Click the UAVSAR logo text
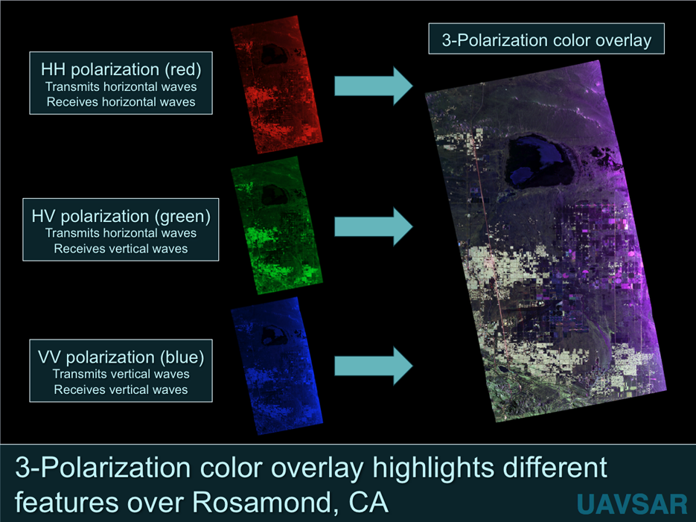632,503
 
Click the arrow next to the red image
373,86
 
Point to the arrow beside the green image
373,226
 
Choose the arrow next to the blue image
373,366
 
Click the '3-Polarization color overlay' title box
546,40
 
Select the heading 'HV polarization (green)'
121,216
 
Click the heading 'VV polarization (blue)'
121,357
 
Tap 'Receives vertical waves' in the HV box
121,248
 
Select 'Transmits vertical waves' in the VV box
121,374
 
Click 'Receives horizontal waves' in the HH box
121,102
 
